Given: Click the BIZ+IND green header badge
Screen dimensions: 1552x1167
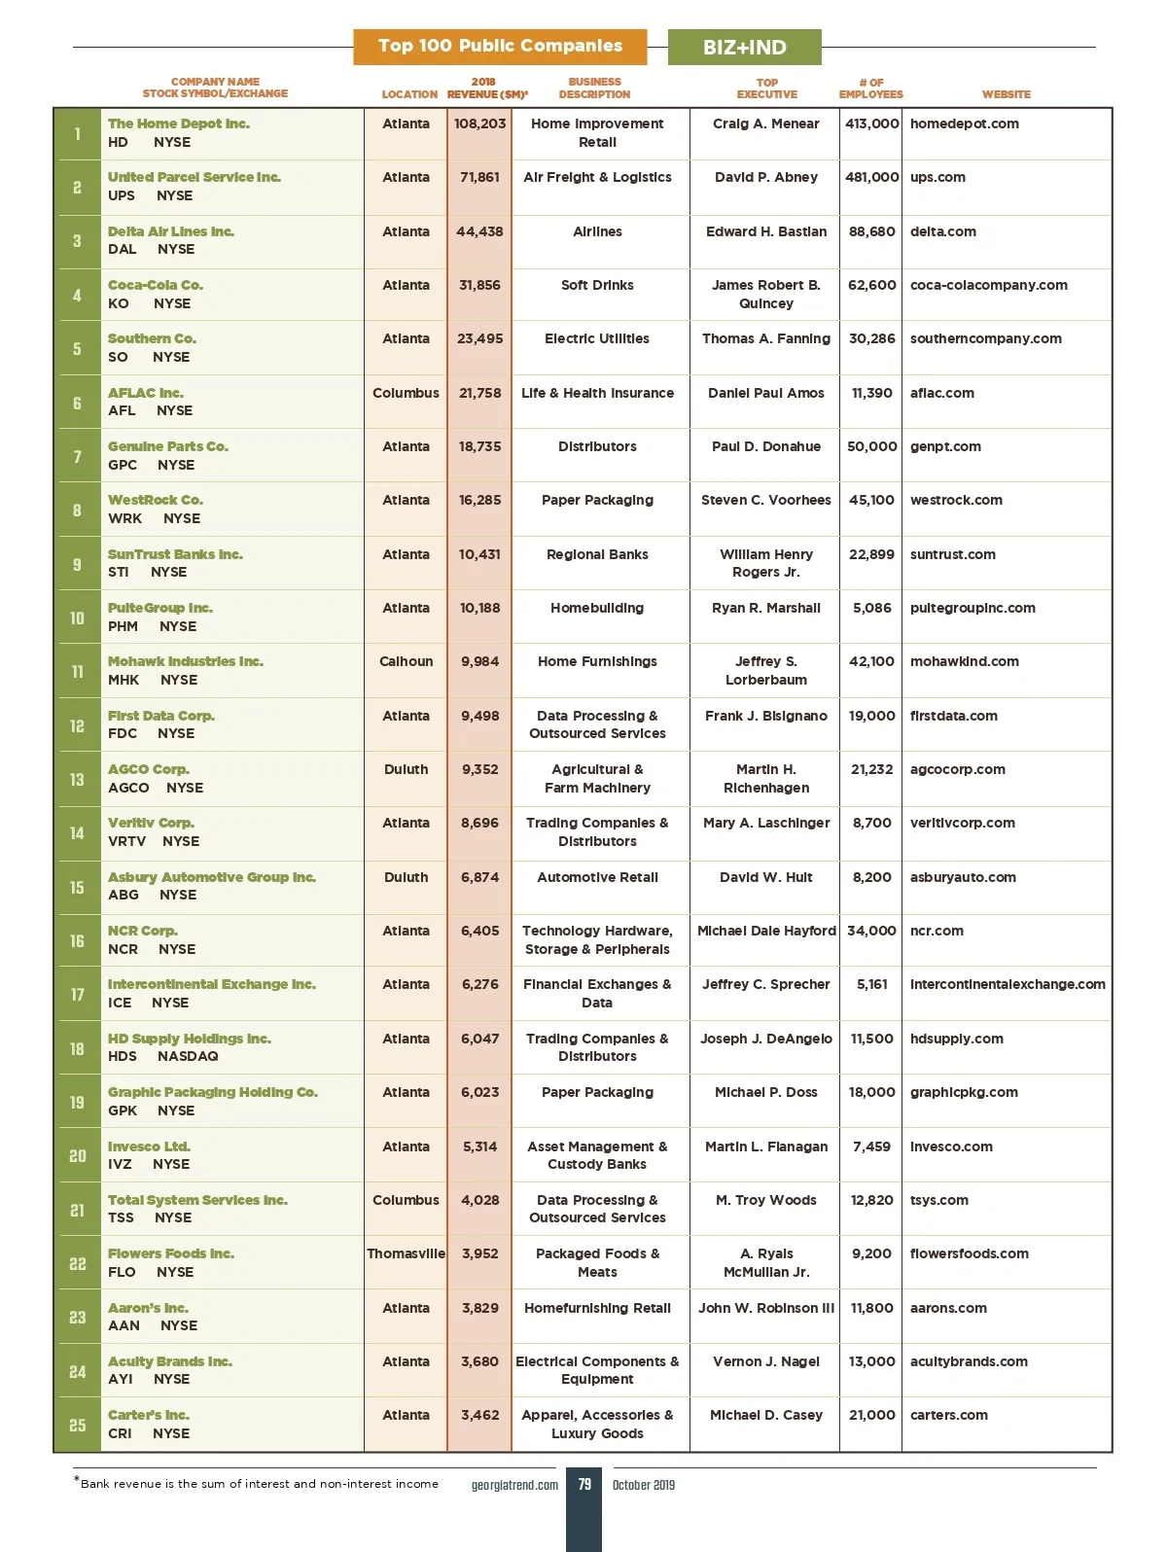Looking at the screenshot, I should (744, 48).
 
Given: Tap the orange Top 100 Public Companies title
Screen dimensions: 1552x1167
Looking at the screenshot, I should (500, 46).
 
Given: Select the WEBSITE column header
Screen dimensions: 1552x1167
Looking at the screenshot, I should (1006, 94).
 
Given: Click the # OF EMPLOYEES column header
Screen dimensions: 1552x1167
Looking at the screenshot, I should (870, 88).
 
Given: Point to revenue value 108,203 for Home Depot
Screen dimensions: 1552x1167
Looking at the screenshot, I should (479, 123).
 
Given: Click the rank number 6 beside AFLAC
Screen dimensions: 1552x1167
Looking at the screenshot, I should (77, 403).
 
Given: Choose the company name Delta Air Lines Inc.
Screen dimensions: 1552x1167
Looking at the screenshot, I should (171, 231).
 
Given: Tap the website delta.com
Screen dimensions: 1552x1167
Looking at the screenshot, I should (942, 231).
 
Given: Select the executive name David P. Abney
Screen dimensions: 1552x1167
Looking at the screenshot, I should (765, 177).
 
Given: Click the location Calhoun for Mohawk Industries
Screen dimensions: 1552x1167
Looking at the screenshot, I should (406, 661).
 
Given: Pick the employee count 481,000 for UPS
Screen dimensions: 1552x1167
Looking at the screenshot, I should (871, 177).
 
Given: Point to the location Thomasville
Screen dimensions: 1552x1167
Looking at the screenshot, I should (406, 1253).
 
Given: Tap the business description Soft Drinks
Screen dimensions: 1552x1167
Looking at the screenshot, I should (597, 285).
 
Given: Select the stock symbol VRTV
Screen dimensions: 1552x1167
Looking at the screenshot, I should (126, 841).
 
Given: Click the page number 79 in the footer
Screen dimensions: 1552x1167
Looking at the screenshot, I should (583, 1484).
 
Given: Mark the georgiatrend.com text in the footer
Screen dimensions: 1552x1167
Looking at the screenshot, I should (514, 1485).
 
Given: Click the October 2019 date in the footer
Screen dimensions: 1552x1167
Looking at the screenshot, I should (643, 1485).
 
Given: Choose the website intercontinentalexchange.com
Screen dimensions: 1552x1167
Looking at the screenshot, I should (1008, 984).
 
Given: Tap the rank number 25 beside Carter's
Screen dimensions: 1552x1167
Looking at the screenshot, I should (77, 1425).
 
